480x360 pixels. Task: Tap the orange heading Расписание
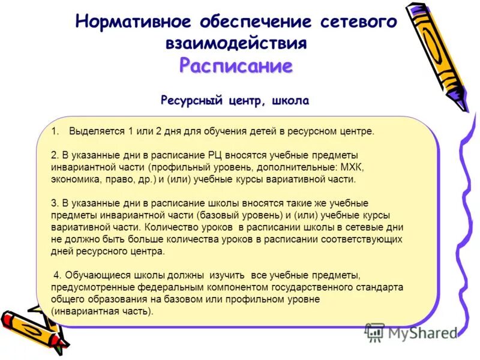(236, 65)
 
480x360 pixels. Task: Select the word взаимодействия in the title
(236, 43)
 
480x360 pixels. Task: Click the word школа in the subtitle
(290, 100)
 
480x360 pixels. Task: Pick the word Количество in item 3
(170, 228)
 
